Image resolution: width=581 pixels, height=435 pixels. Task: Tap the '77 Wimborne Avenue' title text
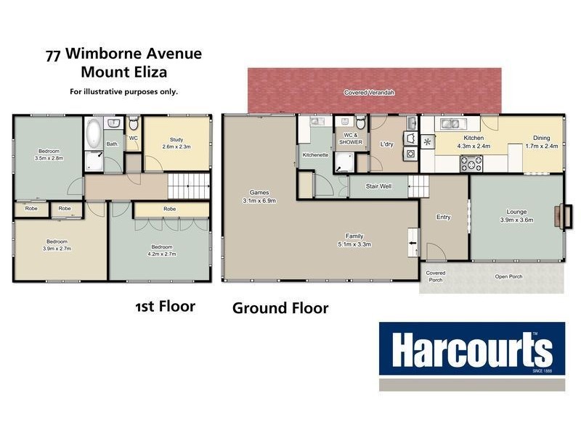coord(123,54)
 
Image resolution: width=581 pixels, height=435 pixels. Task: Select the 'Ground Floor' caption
coord(280,308)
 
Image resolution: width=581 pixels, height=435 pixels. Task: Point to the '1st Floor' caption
coord(165,306)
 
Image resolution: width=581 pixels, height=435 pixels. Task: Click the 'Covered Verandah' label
coord(374,93)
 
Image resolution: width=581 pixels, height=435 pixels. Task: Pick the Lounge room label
coord(516,212)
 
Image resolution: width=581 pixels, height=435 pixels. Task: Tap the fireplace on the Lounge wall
coord(560,217)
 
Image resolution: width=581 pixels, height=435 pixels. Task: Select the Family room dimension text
coord(354,244)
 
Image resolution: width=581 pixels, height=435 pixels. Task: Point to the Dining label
coord(541,138)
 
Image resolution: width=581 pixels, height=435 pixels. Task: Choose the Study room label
coord(176,139)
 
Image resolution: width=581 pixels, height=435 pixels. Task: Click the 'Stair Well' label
coord(378,186)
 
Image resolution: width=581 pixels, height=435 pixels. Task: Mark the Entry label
coord(444,217)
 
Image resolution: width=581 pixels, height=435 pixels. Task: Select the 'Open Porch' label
coord(510,277)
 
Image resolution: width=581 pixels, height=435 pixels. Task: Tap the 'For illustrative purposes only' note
coord(123,91)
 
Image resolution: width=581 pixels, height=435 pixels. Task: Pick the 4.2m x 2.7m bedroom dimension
coord(161,254)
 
